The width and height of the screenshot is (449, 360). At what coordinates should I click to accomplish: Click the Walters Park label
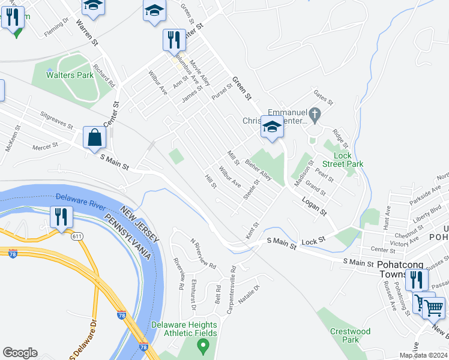(71, 75)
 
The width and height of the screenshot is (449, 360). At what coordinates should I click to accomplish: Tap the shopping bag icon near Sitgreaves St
(95, 137)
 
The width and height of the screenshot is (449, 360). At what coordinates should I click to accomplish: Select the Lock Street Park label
(342, 159)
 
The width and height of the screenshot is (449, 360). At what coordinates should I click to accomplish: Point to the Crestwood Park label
(350, 335)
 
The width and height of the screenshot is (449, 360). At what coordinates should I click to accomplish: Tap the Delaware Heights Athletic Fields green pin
(203, 345)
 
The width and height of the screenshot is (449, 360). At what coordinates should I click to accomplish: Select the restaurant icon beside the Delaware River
(61, 217)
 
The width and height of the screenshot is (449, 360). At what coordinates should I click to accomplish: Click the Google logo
(20, 353)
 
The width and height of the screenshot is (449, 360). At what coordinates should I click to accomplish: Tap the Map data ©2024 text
(423, 355)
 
